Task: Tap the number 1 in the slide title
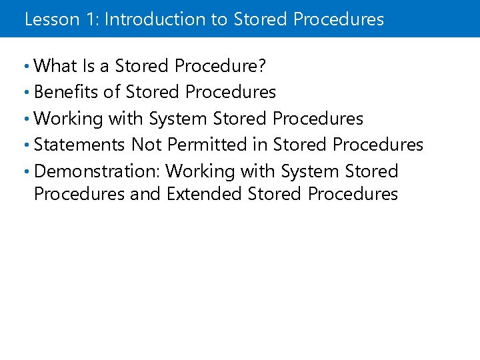tap(89, 19)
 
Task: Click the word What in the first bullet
tap(55, 66)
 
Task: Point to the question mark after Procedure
tap(263, 66)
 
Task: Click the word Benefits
tap(65, 92)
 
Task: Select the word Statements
tap(79, 145)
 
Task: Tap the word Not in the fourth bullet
tap(147, 145)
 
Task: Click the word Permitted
tap(211, 145)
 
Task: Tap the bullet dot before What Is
tap(26, 67)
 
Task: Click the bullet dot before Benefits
tap(26, 93)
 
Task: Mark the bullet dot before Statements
tap(26, 145)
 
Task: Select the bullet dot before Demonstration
tap(26, 172)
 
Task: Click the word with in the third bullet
tap(125, 119)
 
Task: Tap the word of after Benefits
tap(111, 92)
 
